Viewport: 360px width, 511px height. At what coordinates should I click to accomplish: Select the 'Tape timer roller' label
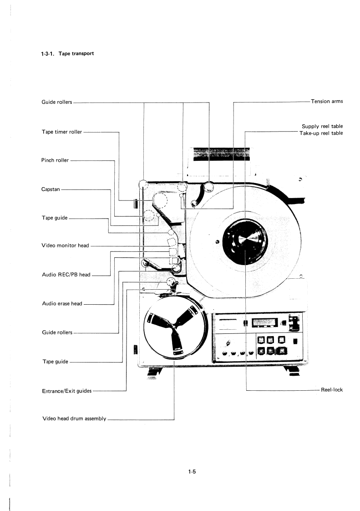point(58,132)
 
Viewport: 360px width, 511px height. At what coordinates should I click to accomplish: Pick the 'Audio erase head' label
point(60,304)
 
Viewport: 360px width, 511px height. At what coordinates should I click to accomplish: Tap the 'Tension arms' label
point(327,101)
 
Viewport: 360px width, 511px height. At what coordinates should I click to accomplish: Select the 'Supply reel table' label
point(322,126)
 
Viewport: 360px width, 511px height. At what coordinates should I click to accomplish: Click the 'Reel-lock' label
point(332,390)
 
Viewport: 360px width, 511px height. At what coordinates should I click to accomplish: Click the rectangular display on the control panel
point(264,323)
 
